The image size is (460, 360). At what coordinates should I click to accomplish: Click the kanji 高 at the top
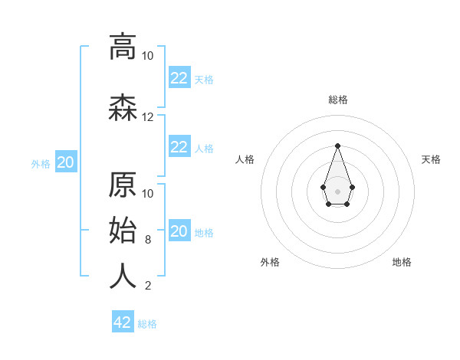click(123, 47)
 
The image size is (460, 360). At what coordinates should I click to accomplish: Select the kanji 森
click(123, 107)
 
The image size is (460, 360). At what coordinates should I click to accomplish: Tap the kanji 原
click(123, 184)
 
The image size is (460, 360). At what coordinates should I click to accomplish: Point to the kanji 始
click(123, 230)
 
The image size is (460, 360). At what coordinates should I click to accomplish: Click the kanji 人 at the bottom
click(123, 276)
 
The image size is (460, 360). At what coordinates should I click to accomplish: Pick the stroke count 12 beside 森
click(148, 117)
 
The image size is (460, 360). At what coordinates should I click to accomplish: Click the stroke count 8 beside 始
click(148, 240)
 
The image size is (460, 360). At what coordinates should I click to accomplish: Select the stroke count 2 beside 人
click(148, 286)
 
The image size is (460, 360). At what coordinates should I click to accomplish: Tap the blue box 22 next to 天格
click(179, 78)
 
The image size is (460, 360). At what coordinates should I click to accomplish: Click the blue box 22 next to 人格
click(179, 147)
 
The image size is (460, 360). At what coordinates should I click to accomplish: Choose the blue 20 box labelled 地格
click(179, 231)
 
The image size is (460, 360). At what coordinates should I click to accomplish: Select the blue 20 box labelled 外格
click(65, 162)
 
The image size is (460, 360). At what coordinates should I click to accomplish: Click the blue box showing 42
click(123, 322)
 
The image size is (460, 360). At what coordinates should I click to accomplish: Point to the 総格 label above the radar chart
click(338, 100)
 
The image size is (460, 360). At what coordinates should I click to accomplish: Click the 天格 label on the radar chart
click(431, 159)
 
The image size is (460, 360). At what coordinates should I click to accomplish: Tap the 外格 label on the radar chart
click(270, 262)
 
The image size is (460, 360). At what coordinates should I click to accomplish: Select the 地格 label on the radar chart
click(402, 262)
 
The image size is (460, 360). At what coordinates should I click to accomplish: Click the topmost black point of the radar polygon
click(337, 145)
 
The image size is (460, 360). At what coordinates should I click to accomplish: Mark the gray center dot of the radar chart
click(337, 191)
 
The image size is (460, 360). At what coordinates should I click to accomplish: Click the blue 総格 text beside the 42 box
click(147, 324)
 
